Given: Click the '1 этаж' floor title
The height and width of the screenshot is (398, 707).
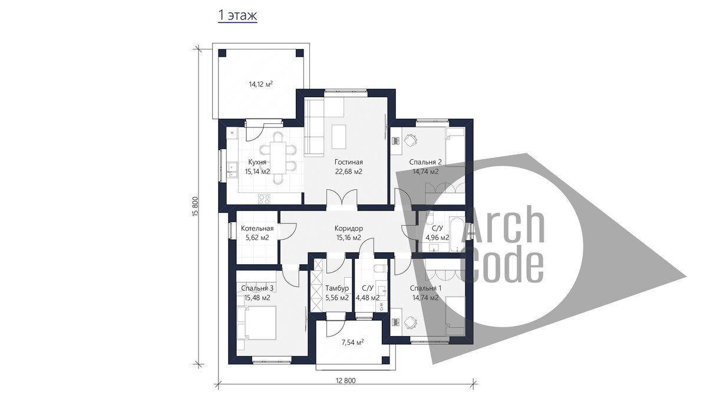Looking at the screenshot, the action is click(237, 15).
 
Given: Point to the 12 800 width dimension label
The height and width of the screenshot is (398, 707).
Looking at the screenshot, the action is click(345, 381).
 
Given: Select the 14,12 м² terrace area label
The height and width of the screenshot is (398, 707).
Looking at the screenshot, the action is click(260, 84).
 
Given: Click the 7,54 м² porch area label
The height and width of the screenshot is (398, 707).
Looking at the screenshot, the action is click(352, 342).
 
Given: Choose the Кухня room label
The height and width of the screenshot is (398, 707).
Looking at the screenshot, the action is click(257, 162).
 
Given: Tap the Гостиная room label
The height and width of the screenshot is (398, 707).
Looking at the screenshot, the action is click(348, 162).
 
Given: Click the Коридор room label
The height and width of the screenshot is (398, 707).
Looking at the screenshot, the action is click(348, 228).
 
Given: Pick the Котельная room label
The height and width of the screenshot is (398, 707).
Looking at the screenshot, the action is click(257, 228).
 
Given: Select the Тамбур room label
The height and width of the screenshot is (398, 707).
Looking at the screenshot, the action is click(337, 288).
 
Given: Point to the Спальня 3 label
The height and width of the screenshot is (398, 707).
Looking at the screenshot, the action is click(257, 288).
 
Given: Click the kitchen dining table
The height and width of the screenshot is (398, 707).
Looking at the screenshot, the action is click(278, 157).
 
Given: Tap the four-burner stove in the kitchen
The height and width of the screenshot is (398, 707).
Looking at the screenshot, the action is click(264, 199).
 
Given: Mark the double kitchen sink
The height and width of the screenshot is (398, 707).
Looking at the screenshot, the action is click(232, 170).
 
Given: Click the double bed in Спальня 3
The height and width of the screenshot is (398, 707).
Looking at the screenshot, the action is click(257, 323).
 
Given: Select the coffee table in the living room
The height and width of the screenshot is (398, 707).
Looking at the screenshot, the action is click(339, 137).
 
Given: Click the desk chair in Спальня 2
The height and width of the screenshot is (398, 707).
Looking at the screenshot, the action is click(411, 140).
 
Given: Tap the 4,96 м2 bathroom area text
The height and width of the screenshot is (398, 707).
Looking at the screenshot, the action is click(437, 238).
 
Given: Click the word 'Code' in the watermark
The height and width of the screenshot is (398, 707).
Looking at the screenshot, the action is click(501, 267).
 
